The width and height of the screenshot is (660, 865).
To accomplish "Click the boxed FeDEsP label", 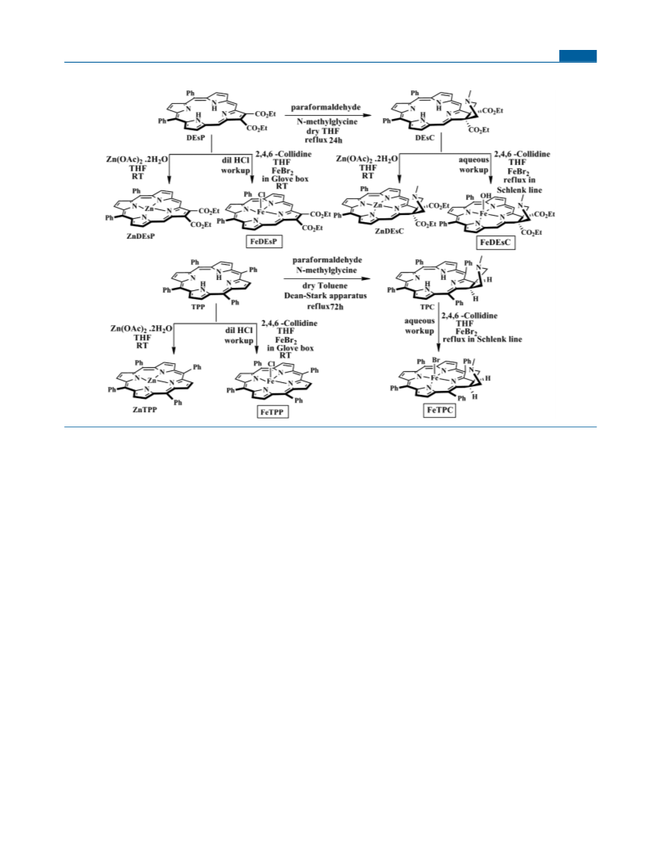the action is [x=263, y=242].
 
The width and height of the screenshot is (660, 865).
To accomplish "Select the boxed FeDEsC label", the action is [x=495, y=243].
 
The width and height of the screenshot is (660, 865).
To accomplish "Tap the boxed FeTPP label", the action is [x=273, y=412].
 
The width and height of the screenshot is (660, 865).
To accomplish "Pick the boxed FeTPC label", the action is [x=441, y=411].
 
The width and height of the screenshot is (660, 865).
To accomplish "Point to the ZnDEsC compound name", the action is [x=389, y=232].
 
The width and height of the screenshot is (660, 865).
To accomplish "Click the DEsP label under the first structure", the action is [x=196, y=139].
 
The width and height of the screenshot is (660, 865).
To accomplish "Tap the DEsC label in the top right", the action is [x=425, y=137].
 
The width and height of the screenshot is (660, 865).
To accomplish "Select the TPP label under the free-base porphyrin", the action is [x=198, y=307].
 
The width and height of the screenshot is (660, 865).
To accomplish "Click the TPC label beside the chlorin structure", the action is [x=427, y=307].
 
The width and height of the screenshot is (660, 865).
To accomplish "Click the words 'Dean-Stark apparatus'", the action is [x=326, y=296].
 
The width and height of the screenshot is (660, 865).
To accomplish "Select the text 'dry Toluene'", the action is [x=325, y=285].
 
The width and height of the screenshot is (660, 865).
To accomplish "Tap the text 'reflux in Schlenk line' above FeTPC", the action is [x=483, y=339].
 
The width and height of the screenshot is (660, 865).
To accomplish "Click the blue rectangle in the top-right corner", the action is [x=578, y=55].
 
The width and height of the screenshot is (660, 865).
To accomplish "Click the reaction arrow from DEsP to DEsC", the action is [x=327, y=116].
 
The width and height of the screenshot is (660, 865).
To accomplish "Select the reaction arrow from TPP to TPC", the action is [x=328, y=278].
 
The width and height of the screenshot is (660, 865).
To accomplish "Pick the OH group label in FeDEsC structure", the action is [x=485, y=196].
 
